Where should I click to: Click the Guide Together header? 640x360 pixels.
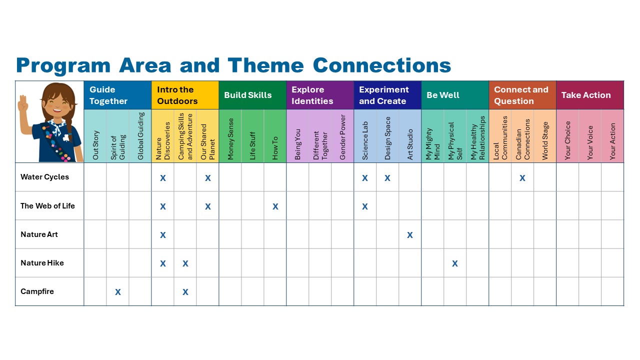pos(108,95)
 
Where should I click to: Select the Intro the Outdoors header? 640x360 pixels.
pos(177,95)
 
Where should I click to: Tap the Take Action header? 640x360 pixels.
pos(586,95)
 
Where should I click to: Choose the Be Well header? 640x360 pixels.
pos(443,95)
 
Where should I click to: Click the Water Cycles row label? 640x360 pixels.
pos(44,177)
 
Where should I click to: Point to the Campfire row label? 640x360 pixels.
pos(37,291)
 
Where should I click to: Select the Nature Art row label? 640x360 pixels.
pos(39,234)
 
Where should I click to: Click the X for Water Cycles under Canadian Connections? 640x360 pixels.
pos(522,178)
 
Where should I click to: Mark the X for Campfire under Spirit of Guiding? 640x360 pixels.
pos(117,292)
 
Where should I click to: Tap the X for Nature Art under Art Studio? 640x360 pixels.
pos(409,235)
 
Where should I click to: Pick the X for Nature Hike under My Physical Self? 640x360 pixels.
pos(455,263)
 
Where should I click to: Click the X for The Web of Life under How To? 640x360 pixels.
pos(275,206)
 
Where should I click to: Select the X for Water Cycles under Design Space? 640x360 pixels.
pos(387,178)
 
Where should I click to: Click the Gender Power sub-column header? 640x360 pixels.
pos(342,137)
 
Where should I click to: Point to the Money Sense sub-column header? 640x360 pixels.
pos(230,139)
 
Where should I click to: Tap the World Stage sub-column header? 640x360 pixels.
pos(545,140)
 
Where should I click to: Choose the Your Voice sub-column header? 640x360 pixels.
pos(590,142)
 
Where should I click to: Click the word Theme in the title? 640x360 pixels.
pos(265,65)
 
